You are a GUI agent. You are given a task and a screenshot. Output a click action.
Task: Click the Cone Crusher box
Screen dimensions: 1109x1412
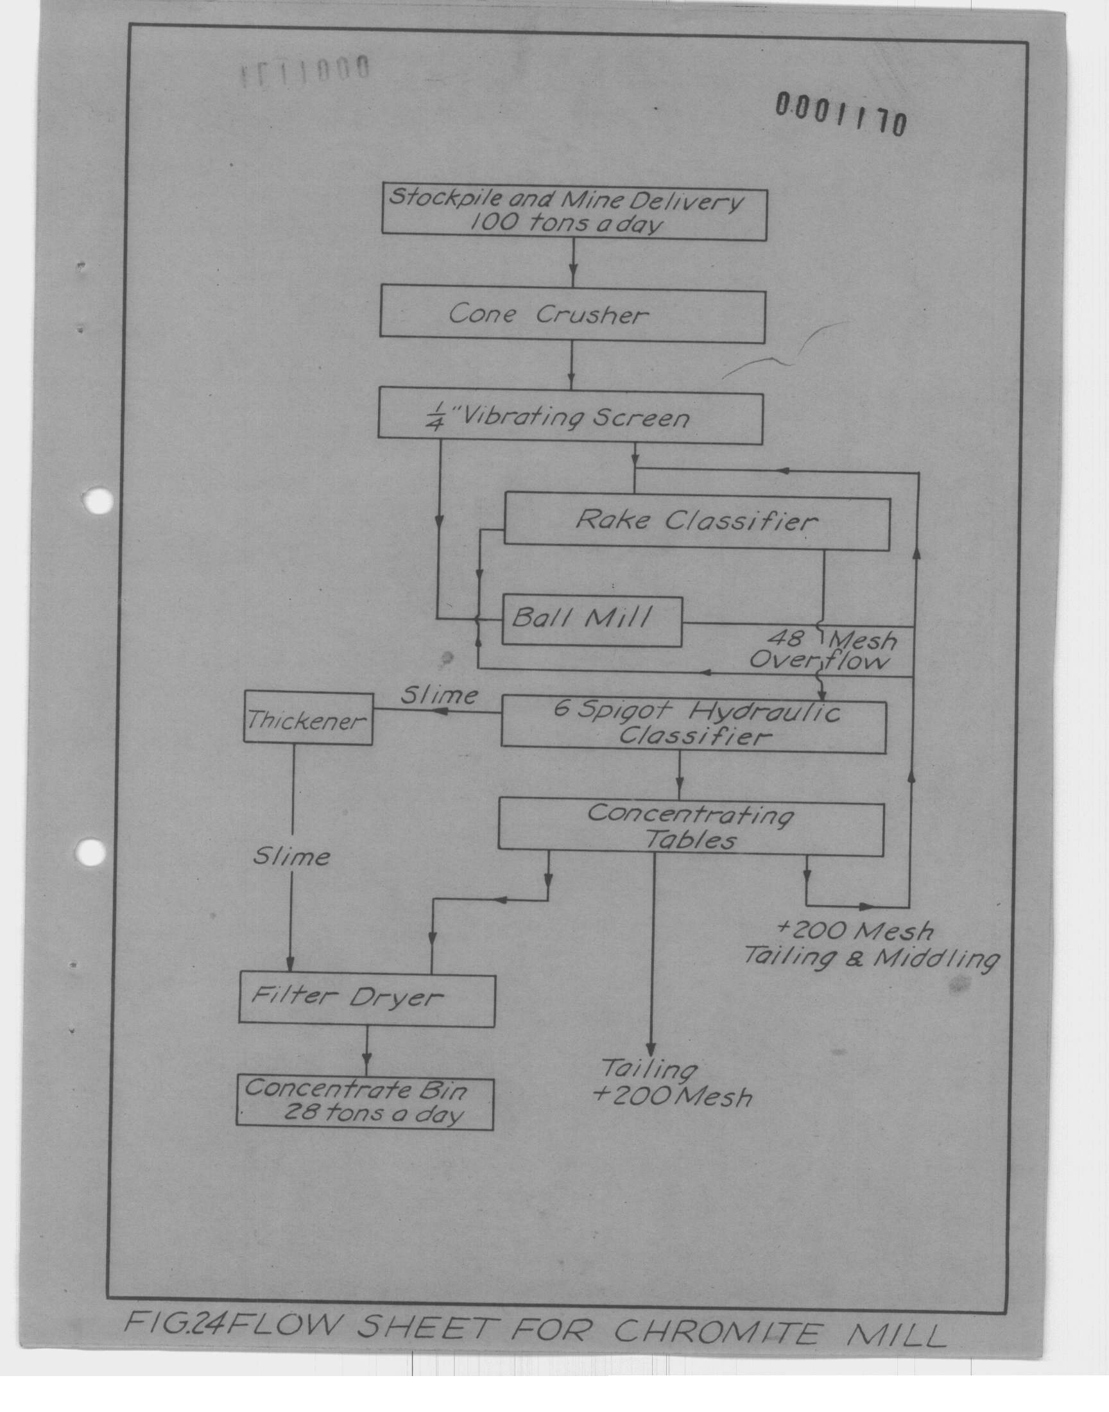pos(572,317)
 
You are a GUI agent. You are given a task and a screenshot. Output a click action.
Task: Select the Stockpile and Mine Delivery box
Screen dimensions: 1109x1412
pos(574,214)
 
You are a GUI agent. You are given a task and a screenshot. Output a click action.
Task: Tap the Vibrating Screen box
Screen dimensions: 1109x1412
pos(570,417)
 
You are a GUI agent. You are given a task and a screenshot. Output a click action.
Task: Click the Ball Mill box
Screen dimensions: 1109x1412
pos(592,621)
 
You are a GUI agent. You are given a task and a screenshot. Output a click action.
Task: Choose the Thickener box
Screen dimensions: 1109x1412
pos(308,719)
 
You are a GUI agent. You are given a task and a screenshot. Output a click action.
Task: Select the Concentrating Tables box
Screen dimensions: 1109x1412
pos(691,827)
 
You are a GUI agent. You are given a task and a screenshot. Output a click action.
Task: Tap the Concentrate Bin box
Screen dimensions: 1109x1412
pos(365,1103)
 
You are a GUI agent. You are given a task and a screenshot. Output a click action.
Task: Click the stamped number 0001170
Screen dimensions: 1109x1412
pos(841,115)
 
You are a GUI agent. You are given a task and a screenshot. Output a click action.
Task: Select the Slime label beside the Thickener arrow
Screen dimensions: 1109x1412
pos(439,695)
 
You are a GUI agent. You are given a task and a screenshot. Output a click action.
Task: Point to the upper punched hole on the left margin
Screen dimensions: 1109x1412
pos(99,501)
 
